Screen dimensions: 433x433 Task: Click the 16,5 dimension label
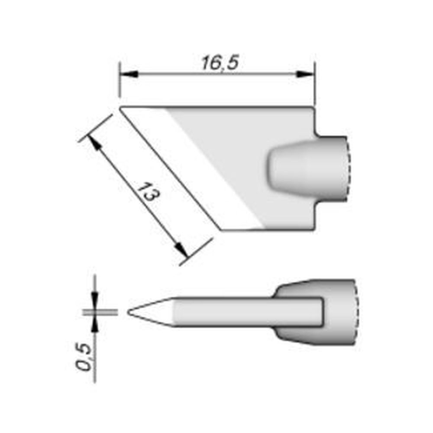pyautogui.click(x=220, y=63)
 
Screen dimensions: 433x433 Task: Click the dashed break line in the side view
pyautogui.click(x=356, y=312)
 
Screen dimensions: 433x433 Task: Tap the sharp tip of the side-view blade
pyautogui.click(x=129, y=311)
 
